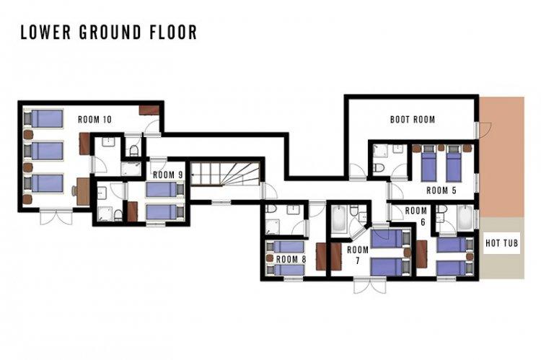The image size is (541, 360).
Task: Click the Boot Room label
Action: (413, 120)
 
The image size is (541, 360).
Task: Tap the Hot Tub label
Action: (501, 243)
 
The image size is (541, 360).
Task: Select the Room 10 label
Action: (94, 120)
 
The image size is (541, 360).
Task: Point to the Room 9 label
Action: (167, 175)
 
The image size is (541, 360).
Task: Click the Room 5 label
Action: (441, 190)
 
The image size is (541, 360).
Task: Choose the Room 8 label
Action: (291, 259)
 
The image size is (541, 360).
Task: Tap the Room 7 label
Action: (358, 255)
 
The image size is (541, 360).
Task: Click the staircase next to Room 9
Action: (225, 174)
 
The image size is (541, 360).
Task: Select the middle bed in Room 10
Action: (44, 151)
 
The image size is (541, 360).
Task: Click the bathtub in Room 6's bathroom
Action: (465, 218)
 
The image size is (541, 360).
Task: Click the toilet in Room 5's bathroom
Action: (379, 167)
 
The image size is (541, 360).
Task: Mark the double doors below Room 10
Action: (56, 217)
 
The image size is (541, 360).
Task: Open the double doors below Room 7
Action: (370, 285)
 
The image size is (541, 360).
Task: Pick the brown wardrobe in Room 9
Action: (133, 211)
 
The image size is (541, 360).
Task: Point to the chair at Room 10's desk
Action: (74, 190)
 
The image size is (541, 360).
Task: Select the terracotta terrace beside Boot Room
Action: (502, 157)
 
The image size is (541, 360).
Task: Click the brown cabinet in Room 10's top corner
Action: (149, 110)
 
